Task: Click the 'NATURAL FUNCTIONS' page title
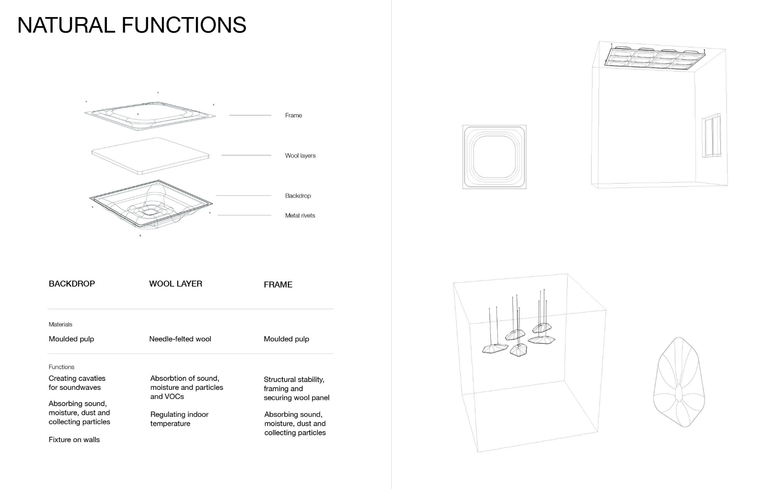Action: pos(132,25)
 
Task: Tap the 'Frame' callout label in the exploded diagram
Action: pos(293,115)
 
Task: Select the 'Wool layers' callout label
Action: pos(300,155)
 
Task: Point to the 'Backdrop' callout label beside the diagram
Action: pos(298,196)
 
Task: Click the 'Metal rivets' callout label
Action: pos(300,215)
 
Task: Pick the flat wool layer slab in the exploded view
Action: pos(150,156)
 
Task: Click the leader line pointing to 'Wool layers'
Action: pos(246,155)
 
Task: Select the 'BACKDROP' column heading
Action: pos(72,284)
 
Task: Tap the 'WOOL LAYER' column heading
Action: pos(175,284)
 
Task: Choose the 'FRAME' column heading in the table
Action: pos(278,285)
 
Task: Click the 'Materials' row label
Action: pos(60,325)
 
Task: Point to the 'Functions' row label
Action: pos(62,367)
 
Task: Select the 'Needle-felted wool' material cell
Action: pos(180,339)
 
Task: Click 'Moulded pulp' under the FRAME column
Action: pos(286,339)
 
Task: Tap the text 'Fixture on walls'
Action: pos(74,440)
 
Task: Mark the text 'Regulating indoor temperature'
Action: pos(179,419)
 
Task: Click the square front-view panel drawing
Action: pos(494,157)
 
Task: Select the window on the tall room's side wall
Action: pos(711,135)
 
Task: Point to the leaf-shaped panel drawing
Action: pos(679,382)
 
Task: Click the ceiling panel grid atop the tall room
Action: pos(654,59)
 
